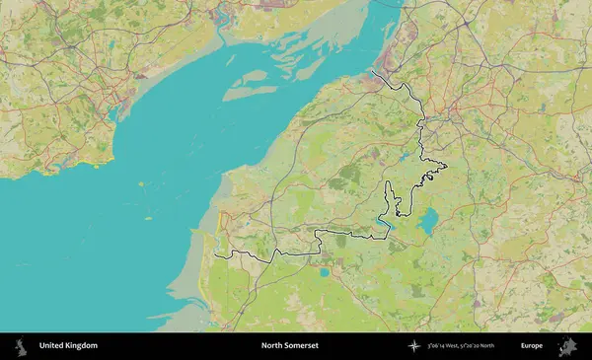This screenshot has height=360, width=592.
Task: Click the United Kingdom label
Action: coord(68,346)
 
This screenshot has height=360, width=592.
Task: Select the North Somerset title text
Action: coord(290,346)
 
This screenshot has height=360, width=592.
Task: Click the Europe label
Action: coord(532,346)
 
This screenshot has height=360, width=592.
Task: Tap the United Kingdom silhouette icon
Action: coord(20,346)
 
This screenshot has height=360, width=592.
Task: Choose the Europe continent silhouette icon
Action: coord(567,346)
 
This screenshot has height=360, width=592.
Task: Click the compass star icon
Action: coord(414,346)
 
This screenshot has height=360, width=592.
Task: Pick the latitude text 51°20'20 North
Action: coord(498,346)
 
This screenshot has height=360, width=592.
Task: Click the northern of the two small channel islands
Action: coord(141,183)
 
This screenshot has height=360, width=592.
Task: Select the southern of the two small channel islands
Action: coord(148,218)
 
